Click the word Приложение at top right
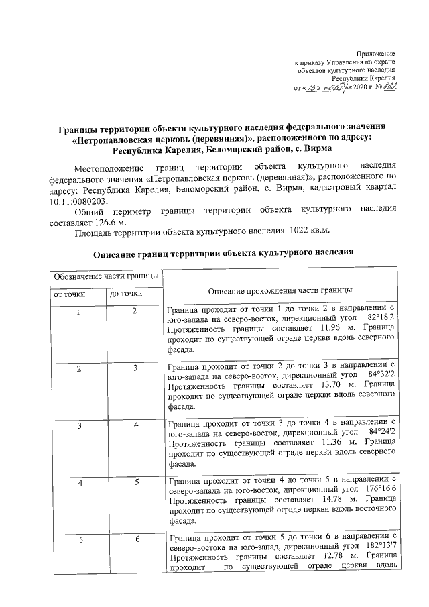point(376,53)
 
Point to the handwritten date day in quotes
point(310,88)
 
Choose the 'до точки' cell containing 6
point(135,539)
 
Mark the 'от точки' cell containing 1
point(78,311)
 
